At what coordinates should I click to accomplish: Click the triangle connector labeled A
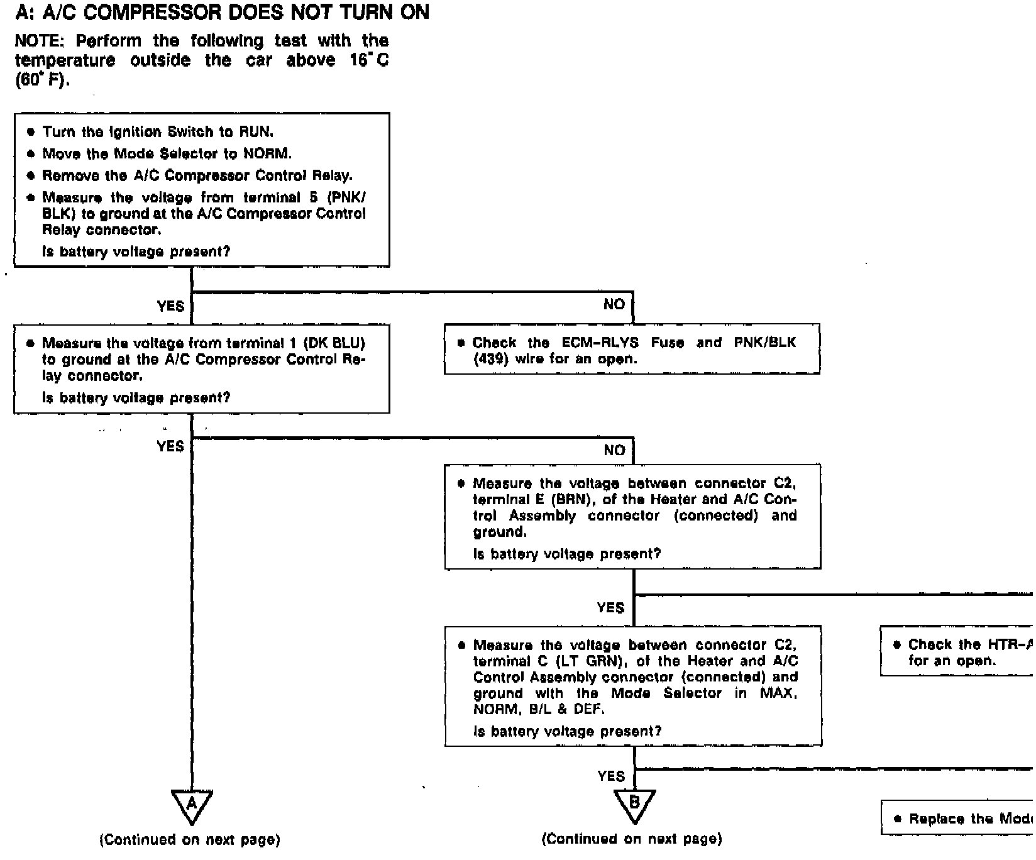click(x=192, y=805)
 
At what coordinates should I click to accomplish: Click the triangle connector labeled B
click(x=634, y=805)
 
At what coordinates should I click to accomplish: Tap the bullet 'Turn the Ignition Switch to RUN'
click(x=157, y=132)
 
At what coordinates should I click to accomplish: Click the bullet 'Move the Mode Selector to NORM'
click(x=167, y=154)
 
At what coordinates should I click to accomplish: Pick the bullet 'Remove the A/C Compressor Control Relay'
click(x=197, y=175)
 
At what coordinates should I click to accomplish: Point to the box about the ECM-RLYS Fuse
click(x=632, y=350)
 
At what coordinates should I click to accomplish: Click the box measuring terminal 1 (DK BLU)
click(x=202, y=369)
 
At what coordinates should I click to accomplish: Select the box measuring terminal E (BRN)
click(x=632, y=517)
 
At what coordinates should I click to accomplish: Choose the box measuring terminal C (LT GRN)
click(x=633, y=686)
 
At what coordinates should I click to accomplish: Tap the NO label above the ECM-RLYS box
click(x=614, y=304)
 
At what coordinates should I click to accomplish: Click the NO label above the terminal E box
click(x=614, y=450)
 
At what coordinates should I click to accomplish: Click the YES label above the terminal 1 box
click(x=170, y=306)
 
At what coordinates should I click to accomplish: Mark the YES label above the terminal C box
click(x=610, y=608)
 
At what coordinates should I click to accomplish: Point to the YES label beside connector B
click(x=611, y=776)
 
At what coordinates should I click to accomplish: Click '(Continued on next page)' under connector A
click(x=190, y=839)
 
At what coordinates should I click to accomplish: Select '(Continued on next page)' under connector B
click(x=632, y=839)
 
